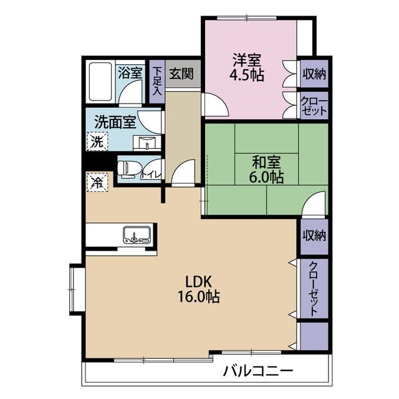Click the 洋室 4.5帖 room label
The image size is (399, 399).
(x=247, y=67)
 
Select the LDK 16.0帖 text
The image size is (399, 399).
(x=199, y=289)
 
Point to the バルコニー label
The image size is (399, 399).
(x=258, y=372)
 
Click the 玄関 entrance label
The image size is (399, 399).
(x=181, y=74)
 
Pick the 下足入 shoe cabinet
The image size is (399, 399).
(x=157, y=82)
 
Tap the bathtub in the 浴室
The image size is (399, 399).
(x=100, y=82)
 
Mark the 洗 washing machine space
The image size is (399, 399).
(x=97, y=142)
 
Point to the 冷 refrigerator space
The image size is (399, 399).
(x=97, y=182)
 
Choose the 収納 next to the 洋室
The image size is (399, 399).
(x=314, y=74)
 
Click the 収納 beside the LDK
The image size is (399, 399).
(x=314, y=236)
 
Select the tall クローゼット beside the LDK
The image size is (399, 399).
(x=314, y=289)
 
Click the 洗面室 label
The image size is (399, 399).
(x=115, y=122)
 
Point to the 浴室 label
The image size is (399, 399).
(x=130, y=73)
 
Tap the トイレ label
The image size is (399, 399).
(x=151, y=175)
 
